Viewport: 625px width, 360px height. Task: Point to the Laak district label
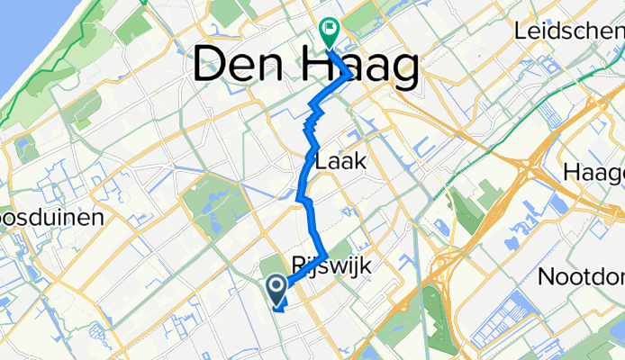tap(340, 161)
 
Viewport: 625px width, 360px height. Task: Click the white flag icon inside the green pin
tap(328, 29)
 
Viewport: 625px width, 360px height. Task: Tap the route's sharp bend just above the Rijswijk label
tap(325, 255)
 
